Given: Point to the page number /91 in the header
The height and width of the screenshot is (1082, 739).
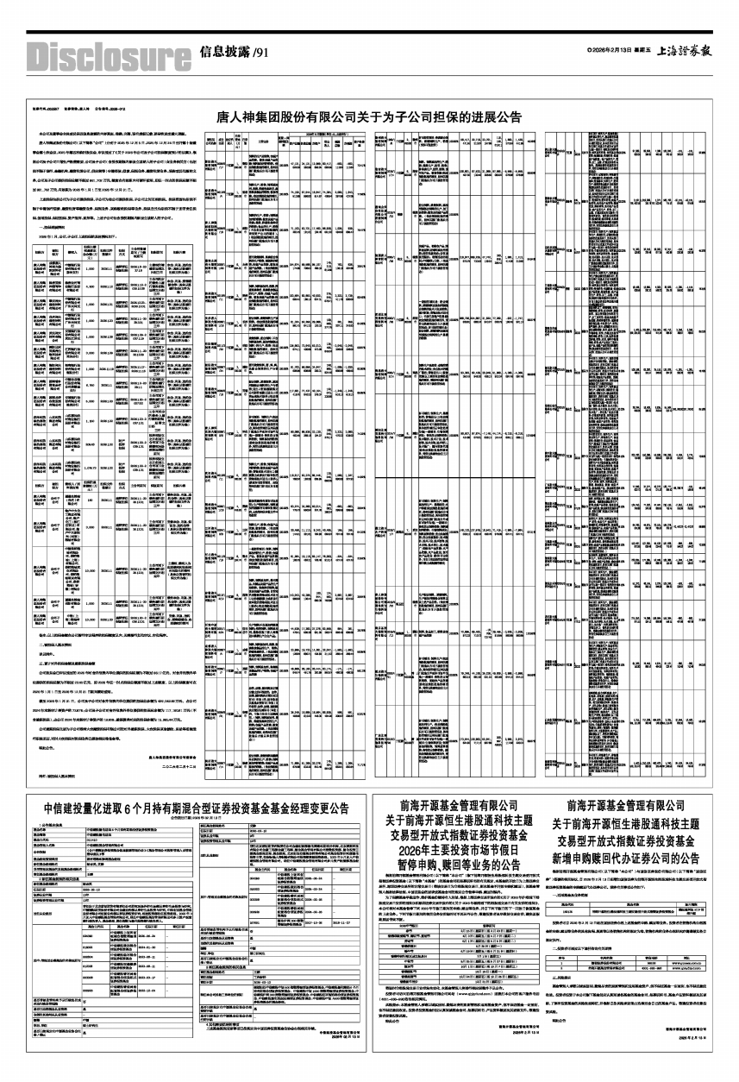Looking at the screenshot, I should coord(261,53).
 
